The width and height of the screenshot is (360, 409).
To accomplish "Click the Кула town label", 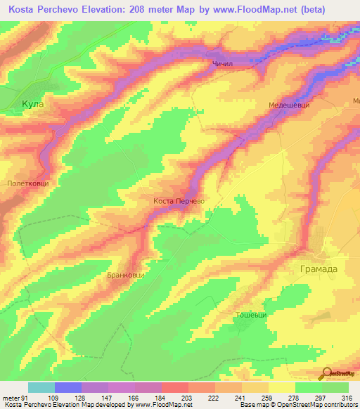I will coord(32,104).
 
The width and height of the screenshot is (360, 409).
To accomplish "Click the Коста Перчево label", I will coord(179,201).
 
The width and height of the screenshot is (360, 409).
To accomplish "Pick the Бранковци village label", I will coord(126,275).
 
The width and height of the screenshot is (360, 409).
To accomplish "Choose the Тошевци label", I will coord(251,314).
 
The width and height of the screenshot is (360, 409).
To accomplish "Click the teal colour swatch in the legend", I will coord(41,387).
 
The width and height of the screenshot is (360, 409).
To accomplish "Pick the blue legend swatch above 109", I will coord(68,387).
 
